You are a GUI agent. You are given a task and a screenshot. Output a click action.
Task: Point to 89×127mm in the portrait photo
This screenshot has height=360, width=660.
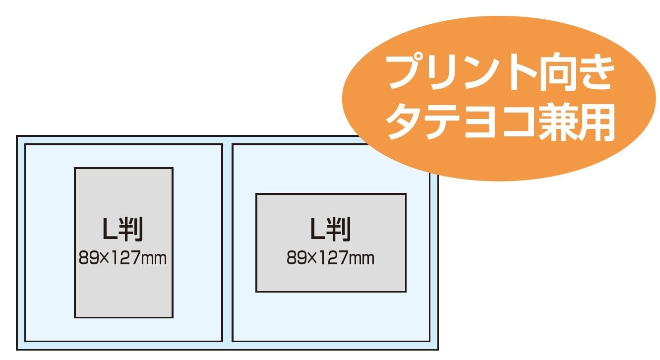tap(122, 258)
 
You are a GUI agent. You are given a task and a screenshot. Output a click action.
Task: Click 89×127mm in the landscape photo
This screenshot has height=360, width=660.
tap(330, 258)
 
